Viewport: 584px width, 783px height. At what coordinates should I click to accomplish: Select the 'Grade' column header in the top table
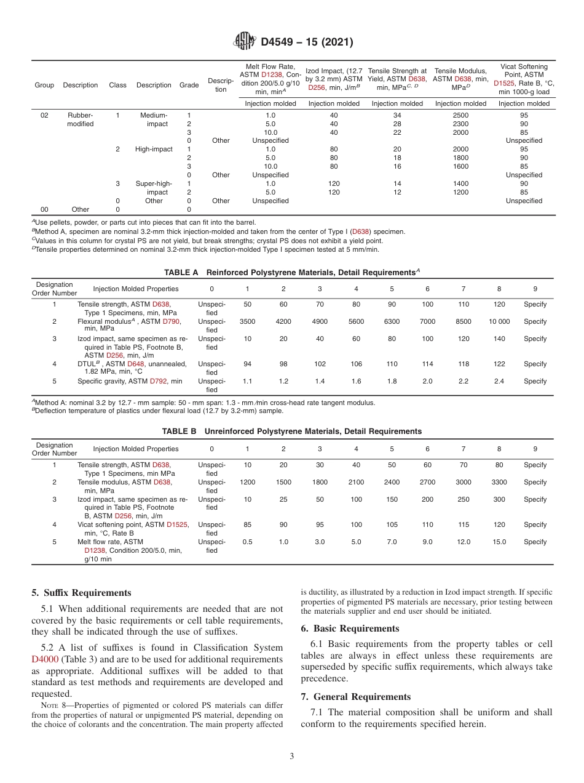pos(189,85)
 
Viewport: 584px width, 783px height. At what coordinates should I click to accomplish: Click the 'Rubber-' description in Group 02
pos(80,114)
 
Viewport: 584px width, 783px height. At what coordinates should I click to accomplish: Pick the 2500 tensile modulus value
pos(460,114)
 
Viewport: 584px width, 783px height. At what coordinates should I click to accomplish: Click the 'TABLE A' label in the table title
pos(181,271)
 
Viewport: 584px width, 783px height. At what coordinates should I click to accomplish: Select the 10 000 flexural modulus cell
pos(499,321)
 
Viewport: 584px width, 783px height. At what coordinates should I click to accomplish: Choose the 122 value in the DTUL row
pos(499,364)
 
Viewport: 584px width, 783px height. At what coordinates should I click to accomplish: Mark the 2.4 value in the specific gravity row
pos(499,381)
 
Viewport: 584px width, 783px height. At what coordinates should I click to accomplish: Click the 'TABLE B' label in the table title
pos(180,432)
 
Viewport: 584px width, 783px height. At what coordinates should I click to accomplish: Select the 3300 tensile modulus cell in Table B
pos(499,482)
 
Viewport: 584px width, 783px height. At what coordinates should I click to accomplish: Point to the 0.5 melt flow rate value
pos(247,542)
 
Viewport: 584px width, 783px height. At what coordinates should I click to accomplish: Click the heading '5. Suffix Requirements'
pos(81,593)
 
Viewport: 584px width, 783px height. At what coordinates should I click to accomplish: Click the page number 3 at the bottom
pos(292,755)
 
